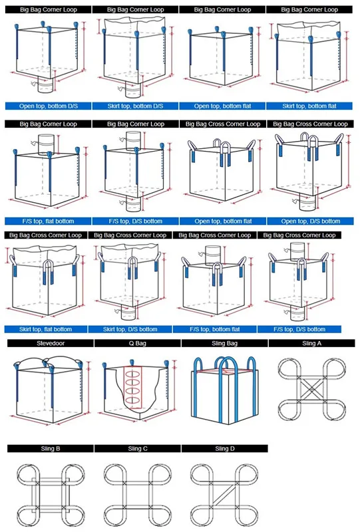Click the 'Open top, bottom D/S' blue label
pos(48,106)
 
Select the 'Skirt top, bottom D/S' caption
pos(135,106)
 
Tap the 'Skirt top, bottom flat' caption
pos(309,106)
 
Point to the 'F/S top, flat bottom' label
pos(48,221)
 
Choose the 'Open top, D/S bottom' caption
pos(310,221)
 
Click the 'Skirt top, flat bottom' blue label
pos(45,329)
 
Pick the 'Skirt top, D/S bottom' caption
pos(130,329)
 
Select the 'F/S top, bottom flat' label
pos(215,329)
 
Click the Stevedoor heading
pos(51,343)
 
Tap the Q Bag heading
pos(138,343)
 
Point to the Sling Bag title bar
pos(224,343)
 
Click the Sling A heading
pos(312,343)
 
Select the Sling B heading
pos(51,448)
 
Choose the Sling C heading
pos(138,448)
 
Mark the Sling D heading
pos(224,448)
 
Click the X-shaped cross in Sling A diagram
pos(312,389)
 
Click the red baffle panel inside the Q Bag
pos(132,387)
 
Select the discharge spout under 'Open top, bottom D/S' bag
pos(45,85)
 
